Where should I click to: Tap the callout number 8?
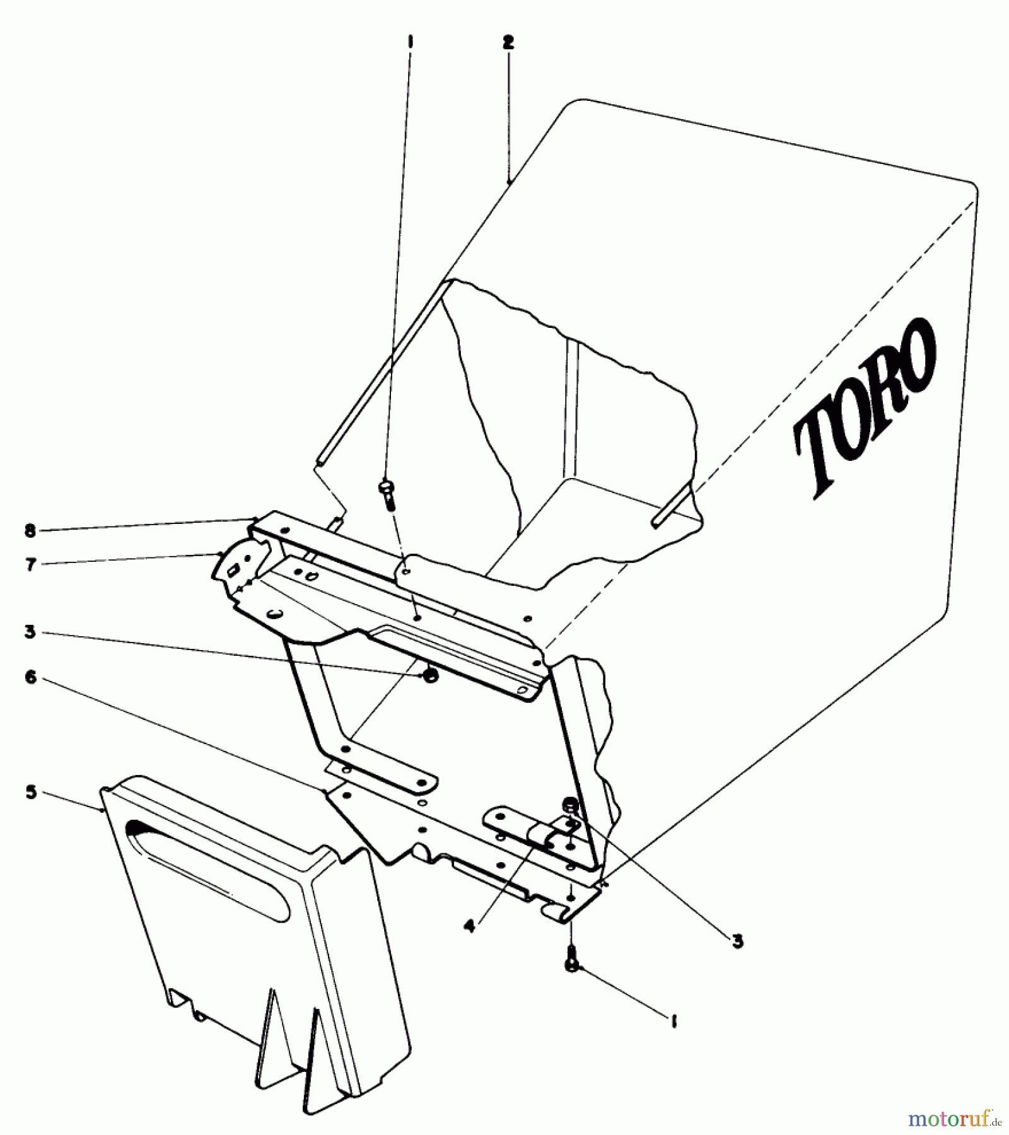pos(30,531)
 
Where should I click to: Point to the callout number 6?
pos(30,678)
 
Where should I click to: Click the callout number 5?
pos(30,793)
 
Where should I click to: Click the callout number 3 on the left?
pos(30,631)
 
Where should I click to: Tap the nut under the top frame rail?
pos(428,676)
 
